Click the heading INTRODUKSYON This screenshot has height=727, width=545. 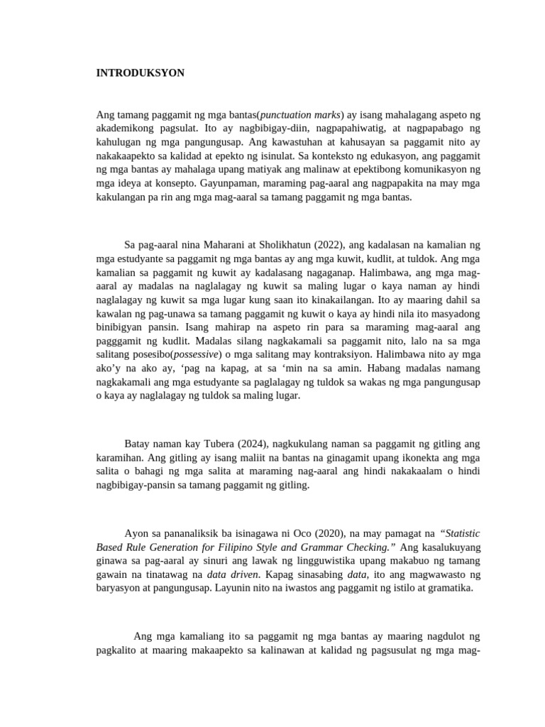coord(141,73)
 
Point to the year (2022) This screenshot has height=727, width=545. coord(326,246)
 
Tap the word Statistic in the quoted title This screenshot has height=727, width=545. coord(462,532)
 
